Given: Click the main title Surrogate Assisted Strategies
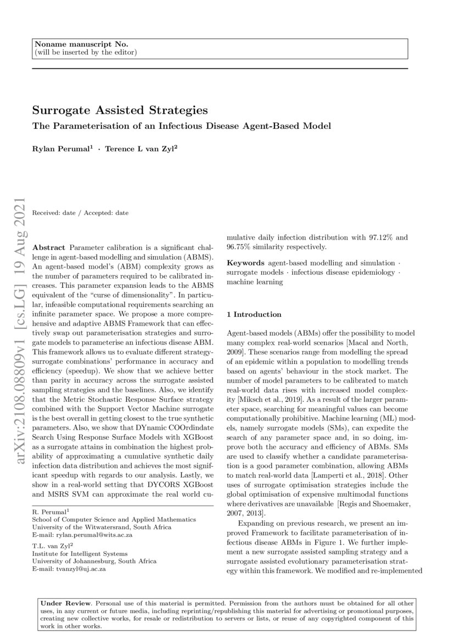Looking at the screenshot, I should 112,110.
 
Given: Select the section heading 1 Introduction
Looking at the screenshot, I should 254,315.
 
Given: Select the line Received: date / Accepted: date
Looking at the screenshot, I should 81,213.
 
